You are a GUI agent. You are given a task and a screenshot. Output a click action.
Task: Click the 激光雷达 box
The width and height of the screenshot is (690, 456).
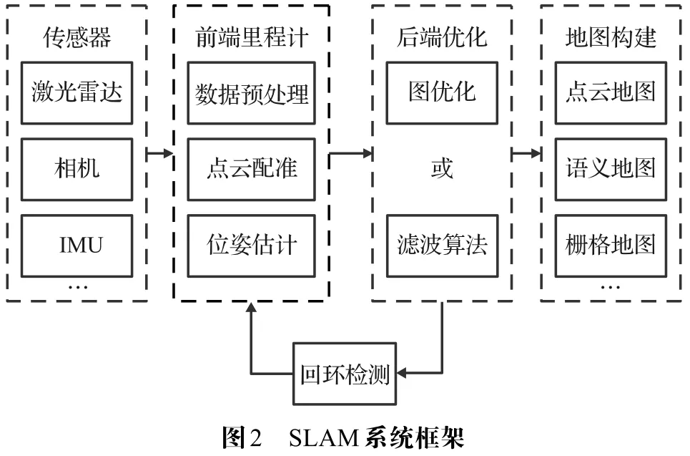click(x=77, y=92)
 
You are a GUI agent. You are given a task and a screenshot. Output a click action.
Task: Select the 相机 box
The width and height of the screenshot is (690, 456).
click(x=77, y=169)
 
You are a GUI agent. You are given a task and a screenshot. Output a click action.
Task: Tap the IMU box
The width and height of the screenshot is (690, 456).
click(x=77, y=246)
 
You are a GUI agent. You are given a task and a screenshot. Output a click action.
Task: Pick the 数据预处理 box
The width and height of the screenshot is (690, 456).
click(x=252, y=92)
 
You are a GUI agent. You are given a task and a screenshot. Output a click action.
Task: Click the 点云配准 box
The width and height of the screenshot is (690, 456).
click(x=252, y=169)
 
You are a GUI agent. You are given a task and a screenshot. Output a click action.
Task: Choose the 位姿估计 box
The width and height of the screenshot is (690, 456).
click(x=252, y=246)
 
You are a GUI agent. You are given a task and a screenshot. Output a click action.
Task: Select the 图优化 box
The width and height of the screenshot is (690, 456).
click(x=442, y=92)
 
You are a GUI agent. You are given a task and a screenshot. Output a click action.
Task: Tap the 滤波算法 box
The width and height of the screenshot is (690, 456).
click(x=442, y=246)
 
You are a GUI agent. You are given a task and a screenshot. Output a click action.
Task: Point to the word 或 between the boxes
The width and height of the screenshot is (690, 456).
click(x=442, y=169)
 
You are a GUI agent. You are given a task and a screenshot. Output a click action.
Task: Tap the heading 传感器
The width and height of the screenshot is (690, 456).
click(x=77, y=37)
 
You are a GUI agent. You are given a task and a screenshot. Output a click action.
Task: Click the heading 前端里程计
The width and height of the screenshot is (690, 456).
click(x=251, y=37)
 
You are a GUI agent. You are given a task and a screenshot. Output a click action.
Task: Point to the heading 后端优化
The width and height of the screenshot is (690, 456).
click(x=442, y=37)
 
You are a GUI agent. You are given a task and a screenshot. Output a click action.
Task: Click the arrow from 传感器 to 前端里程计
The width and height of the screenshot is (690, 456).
click(x=159, y=152)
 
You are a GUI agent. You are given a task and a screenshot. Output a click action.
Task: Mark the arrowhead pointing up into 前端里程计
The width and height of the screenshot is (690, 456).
click(x=251, y=308)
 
